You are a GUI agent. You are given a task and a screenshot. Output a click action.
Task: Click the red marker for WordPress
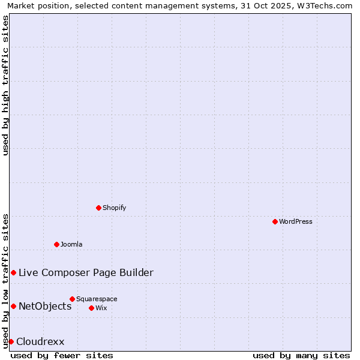275,221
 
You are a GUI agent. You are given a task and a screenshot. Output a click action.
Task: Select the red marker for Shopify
98,208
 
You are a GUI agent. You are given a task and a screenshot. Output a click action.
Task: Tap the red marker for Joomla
56,244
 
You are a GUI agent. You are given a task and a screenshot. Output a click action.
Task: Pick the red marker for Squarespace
72,299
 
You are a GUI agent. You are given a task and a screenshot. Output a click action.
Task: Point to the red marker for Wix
91,308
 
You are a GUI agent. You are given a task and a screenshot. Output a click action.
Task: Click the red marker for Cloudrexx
11,341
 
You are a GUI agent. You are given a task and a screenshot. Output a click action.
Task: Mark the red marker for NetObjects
13,306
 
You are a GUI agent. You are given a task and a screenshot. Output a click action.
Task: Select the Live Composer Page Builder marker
13,272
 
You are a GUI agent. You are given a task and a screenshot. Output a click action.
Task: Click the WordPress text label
296,221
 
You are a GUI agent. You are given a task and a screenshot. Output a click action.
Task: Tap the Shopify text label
115,208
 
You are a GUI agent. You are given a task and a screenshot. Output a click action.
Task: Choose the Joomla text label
71,244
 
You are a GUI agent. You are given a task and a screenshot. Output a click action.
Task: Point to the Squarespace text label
97,299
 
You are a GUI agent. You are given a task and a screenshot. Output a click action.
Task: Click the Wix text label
101,308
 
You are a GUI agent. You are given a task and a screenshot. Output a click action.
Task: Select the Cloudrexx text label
40,341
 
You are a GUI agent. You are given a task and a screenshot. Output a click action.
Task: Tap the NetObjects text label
45,306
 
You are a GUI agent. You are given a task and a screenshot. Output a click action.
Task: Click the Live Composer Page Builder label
86,272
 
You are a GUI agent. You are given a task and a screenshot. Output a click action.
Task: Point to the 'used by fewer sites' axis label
62,355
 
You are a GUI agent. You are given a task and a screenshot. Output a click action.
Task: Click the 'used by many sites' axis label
301,355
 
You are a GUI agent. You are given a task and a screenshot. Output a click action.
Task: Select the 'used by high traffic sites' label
5,85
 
